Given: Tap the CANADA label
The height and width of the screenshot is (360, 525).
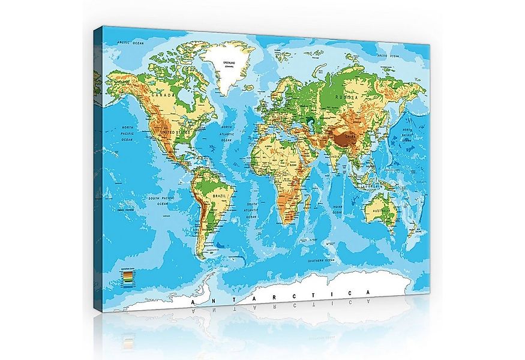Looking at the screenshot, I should click(x=163, y=95).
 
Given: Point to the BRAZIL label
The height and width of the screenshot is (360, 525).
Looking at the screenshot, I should click(x=215, y=196).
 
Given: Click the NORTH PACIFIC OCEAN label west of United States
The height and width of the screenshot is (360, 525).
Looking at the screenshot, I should click(x=127, y=134).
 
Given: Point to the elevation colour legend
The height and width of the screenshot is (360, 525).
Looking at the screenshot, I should click(x=128, y=275).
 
